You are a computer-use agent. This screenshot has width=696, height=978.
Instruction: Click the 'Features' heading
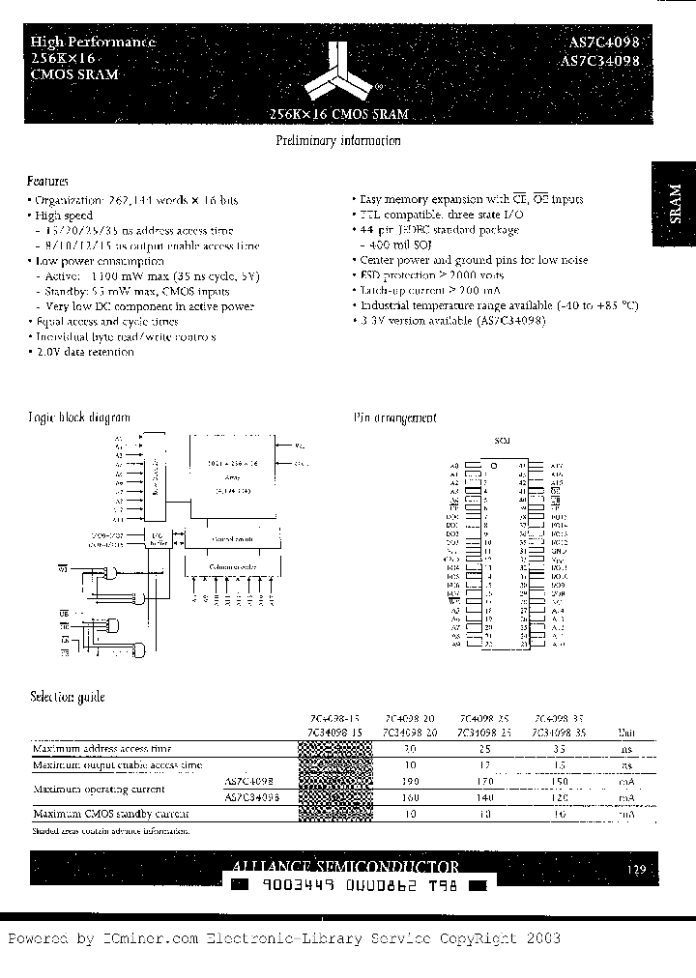(48, 181)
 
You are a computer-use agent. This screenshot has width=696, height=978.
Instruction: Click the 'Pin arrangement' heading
(394, 417)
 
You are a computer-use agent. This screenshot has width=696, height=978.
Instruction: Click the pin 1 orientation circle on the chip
(495, 466)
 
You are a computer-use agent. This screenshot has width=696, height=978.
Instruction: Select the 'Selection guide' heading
(67, 697)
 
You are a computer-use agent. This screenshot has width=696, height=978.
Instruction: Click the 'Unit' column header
(626, 733)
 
